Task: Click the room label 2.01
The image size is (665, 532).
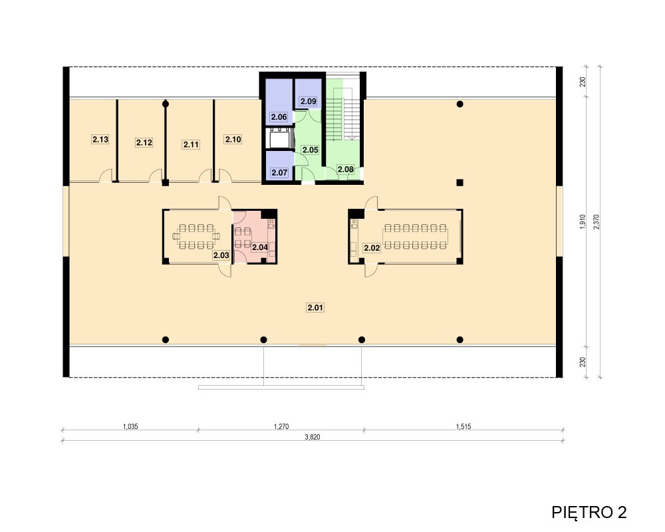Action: pyautogui.click(x=315, y=308)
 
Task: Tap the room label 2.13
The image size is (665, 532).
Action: pyautogui.click(x=100, y=139)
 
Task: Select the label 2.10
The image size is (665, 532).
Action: pyautogui.click(x=233, y=139)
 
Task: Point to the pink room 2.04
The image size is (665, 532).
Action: pyautogui.click(x=254, y=237)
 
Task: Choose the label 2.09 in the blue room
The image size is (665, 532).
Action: pyautogui.click(x=309, y=101)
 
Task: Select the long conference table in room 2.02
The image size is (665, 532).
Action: pyautogui.click(x=415, y=236)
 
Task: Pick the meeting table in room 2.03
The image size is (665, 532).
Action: pyautogui.click(x=196, y=236)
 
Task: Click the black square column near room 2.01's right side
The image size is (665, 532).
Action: pyautogui.click(x=460, y=182)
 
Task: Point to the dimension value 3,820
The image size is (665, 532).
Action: pyautogui.click(x=313, y=437)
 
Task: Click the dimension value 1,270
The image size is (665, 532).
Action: pyautogui.click(x=281, y=426)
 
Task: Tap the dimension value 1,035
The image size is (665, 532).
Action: pyautogui.click(x=130, y=426)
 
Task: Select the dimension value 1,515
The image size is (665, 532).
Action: pyautogui.click(x=464, y=426)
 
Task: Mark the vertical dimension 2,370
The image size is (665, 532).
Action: pyautogui.click(x=597, y=222)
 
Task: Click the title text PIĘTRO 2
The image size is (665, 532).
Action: pyautogui.click(x=589, y=512)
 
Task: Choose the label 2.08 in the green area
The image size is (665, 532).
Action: pyautogui.click(x=346, y=170)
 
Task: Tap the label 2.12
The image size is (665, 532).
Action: pyautogui.click(x=144, y=142)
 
